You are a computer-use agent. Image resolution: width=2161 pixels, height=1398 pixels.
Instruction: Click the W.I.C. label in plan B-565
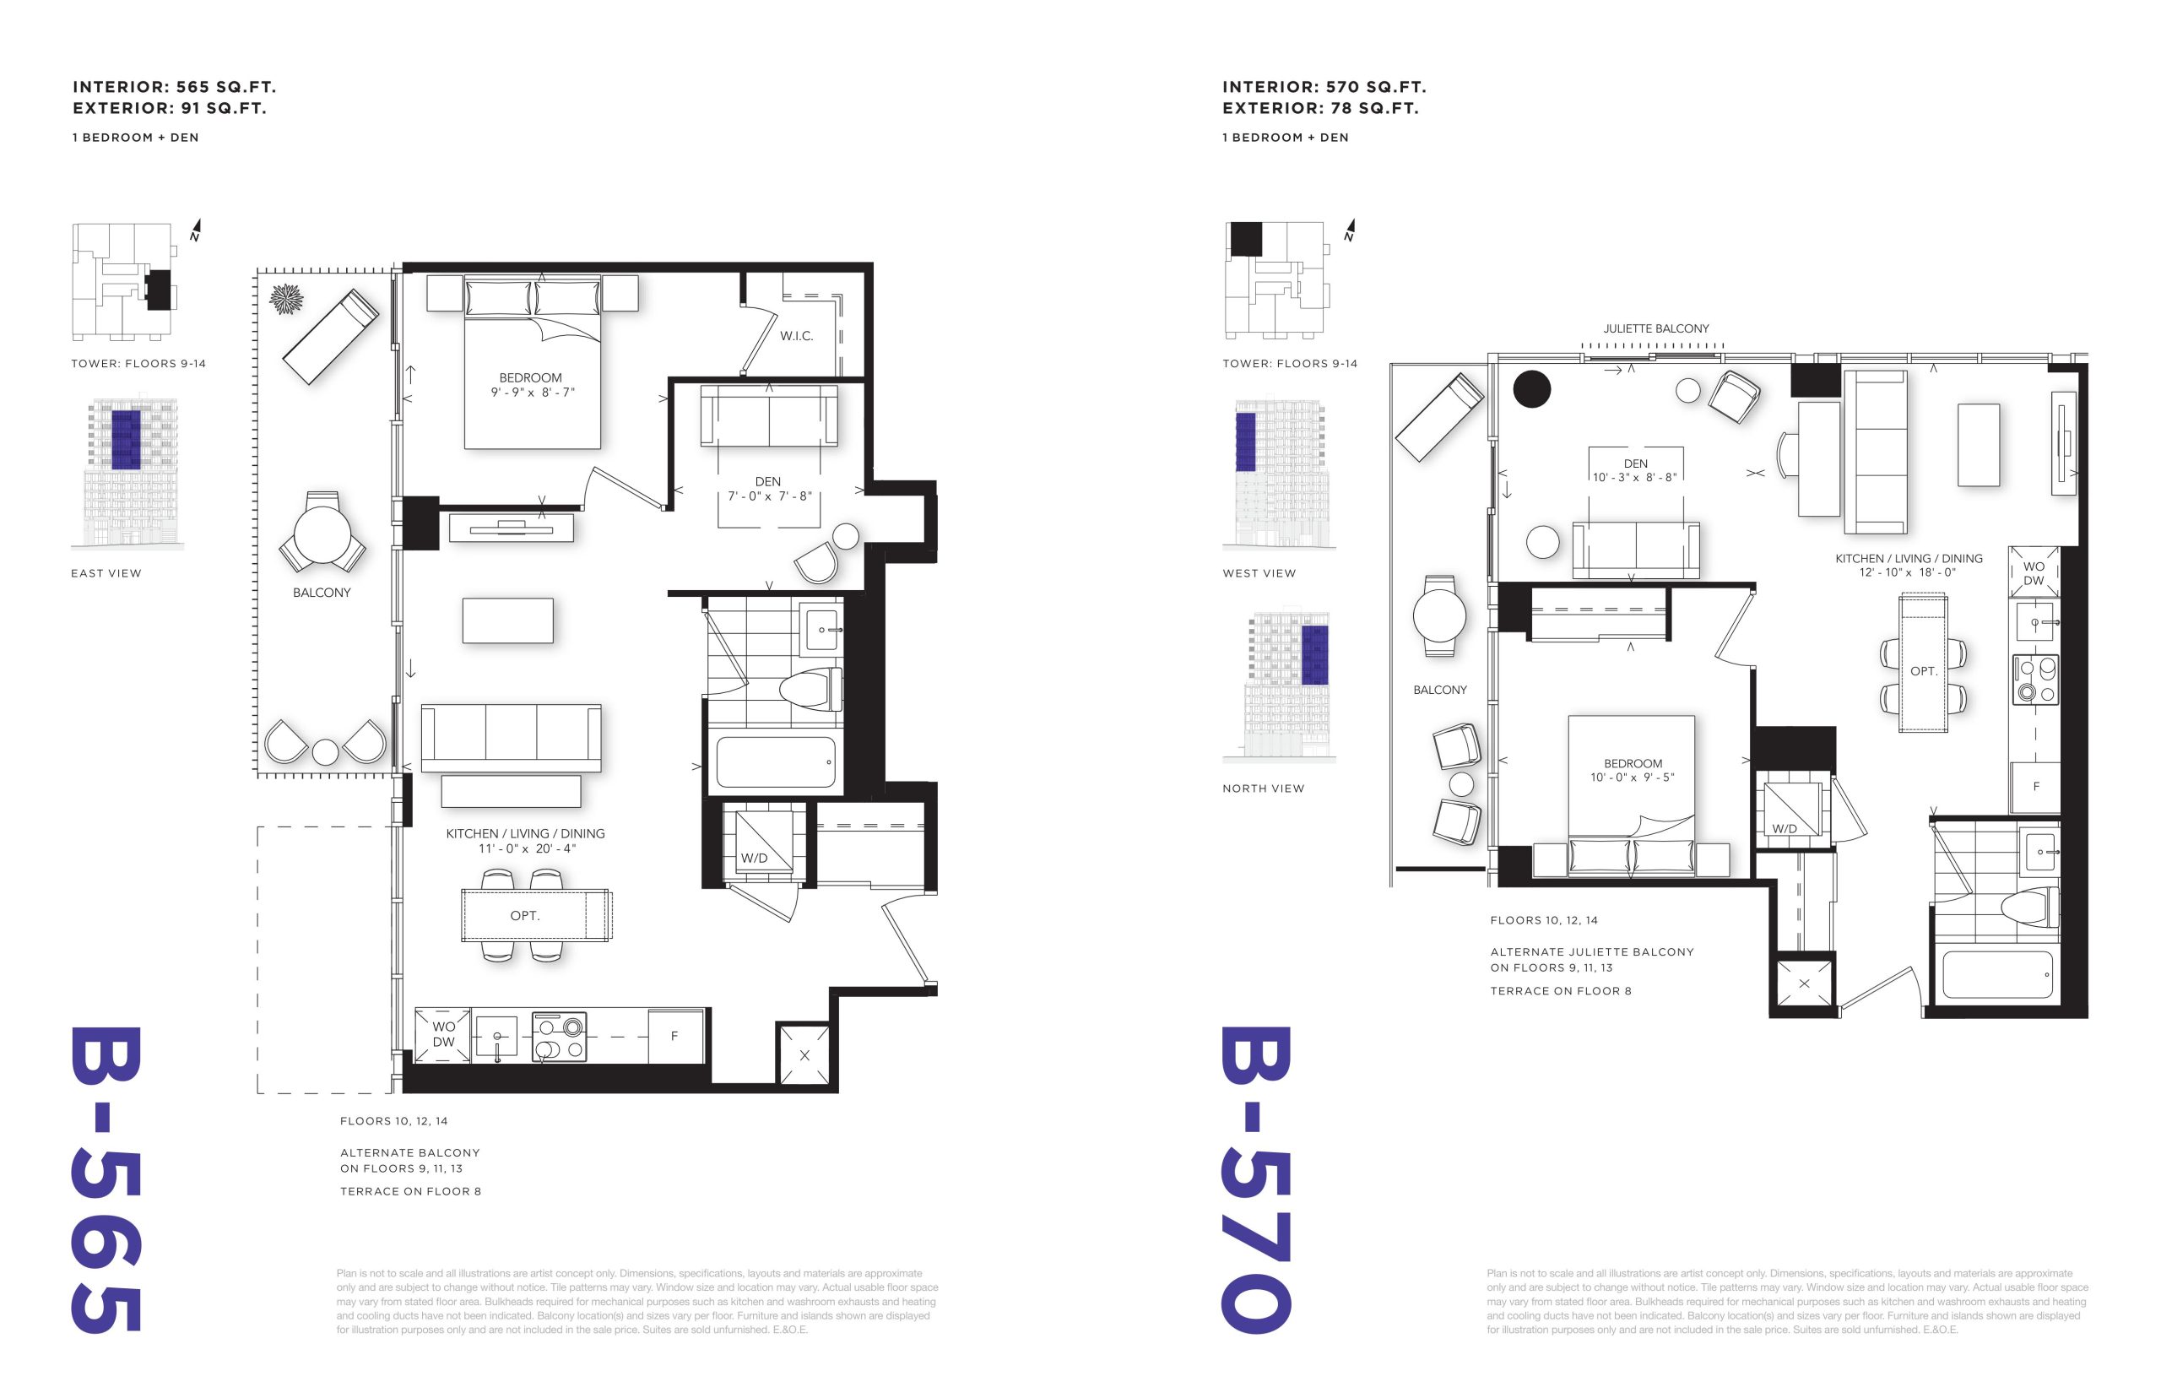[796, 336]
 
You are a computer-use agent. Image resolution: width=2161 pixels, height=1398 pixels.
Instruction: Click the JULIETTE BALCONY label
[1655, 328]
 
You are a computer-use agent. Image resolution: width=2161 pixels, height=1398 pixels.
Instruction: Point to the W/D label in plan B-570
[1785, 829]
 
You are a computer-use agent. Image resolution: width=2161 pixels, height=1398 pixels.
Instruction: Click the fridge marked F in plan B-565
[674, 1036]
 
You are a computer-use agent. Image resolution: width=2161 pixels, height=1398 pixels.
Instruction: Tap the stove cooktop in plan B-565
[559, 1037]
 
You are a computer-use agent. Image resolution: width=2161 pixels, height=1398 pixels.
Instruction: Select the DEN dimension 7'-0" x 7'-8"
[769, 496]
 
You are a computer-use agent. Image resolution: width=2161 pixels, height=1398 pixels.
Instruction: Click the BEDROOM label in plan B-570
[1633, 763]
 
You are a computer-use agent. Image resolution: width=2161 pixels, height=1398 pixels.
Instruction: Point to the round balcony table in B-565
[322, 534]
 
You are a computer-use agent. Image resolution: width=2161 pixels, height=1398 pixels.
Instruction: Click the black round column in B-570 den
[1532, 389]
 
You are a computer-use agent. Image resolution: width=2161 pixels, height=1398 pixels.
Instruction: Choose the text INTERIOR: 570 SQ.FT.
[1324, 87]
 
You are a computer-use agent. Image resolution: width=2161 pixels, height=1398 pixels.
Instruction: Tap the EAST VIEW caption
[106, 574]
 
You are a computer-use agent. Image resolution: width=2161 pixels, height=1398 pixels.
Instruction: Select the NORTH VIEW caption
[1264, 788]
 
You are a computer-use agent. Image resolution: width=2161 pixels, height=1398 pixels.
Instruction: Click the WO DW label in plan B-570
[2033, 574]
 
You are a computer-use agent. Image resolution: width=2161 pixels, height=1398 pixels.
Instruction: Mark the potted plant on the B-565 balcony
[286, 299]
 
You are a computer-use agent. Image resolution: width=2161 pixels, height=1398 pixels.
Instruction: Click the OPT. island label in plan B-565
[524, 916]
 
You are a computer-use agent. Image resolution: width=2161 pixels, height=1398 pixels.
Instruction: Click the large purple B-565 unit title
[106, 1180]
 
